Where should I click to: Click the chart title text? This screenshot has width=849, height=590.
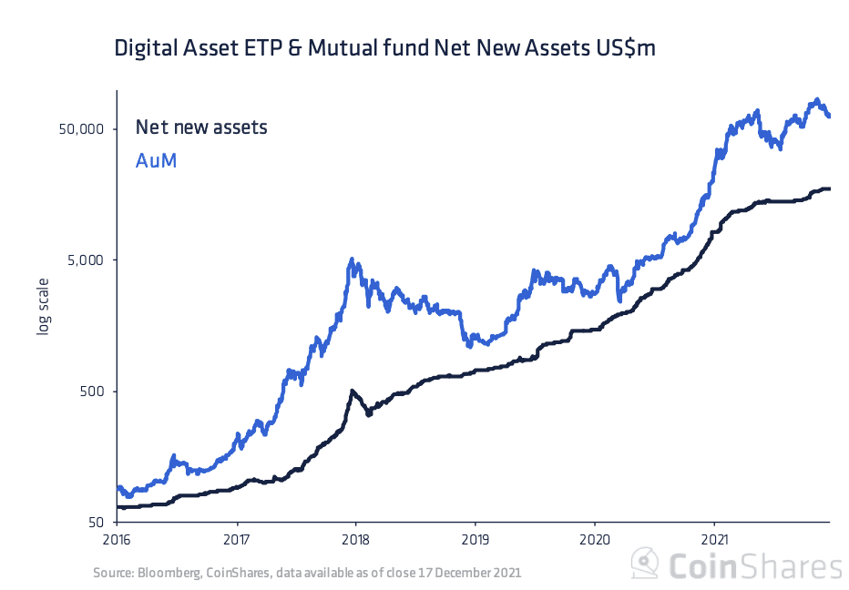tap(384, 49)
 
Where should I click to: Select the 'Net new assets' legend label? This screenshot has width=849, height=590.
tap(201, 127)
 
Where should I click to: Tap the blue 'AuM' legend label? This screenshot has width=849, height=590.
tap(156, 161)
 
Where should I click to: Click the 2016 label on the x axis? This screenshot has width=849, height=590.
tap(117, 538)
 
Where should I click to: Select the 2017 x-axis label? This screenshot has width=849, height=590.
tap(237, 538)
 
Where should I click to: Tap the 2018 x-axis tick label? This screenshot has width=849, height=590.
tap(356, 538)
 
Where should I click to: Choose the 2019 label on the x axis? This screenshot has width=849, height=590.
tap(476, 538)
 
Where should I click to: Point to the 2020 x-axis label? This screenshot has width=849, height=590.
tap(595, 538)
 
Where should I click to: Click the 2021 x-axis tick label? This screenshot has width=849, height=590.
tap(714, 538)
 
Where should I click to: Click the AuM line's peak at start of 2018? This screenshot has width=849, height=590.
tap(352, 260)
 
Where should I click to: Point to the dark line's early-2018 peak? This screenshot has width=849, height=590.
tap(352, 392)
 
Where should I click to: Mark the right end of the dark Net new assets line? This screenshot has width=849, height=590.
tap(828, 188)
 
